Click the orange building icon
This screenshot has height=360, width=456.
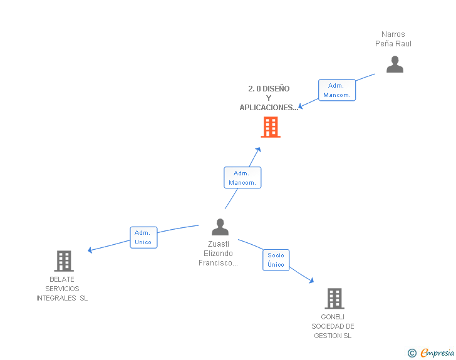click(x=270, y=128)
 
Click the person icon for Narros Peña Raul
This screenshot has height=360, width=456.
click(x=395, y=64)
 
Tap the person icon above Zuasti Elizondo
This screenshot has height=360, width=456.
click(x=220, y=227)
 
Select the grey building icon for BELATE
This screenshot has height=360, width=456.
click(x=63, y=260)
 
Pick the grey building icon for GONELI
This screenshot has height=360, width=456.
click(x=334, y=299)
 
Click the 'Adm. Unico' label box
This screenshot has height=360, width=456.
click(x=143, y=237)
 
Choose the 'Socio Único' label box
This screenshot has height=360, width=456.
click(x=276, y=259)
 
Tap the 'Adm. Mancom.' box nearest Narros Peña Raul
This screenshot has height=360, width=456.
click(x=337, y=90)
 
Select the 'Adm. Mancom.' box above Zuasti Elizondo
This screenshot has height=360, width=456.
click(x=242, y=178)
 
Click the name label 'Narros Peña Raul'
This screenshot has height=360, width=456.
click(x=393, y=39)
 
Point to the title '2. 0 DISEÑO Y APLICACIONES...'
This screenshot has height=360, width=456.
click(x=269, y=98)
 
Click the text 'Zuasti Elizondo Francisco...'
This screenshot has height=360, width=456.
click(x=219, y=254)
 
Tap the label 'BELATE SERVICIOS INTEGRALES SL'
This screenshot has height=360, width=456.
click(x=62, y=289)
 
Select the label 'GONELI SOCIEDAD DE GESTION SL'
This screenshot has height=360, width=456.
click(x=333, y=326)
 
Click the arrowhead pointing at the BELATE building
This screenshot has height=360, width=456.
click(x=91, y=250)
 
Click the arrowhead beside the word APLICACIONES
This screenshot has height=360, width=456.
click(x=301, y=106)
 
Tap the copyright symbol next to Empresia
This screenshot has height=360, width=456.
click(x=412, y=353)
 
